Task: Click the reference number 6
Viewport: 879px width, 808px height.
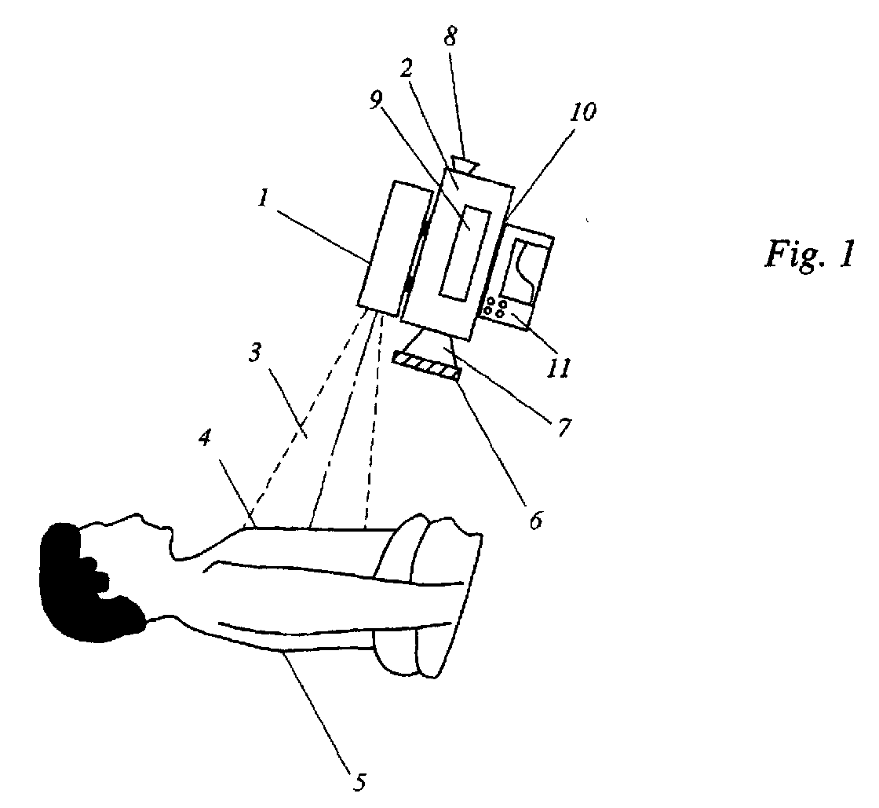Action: pyautogui.click(x=537, y=521)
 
